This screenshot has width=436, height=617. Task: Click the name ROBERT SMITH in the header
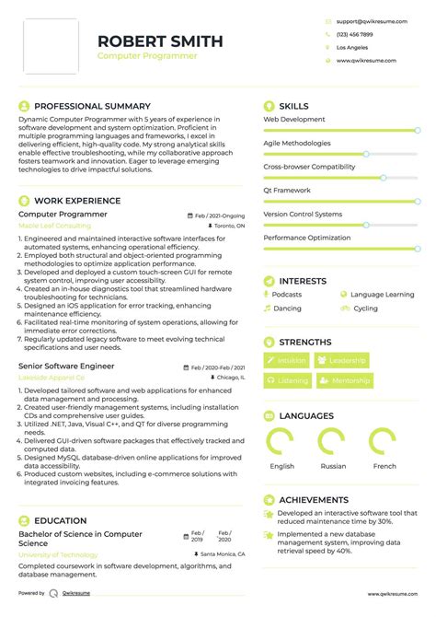point(160,41)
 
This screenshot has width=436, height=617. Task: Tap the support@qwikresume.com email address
point(367,19)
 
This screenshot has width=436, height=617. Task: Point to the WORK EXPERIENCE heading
point(77,200)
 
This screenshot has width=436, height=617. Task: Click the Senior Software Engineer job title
point(66,366)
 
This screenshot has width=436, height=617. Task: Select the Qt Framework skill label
point(288,190)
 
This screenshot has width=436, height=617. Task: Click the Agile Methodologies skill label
point(297,143)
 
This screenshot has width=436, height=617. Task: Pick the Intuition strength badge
point(287,361)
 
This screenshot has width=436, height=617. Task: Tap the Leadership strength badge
point(342,361)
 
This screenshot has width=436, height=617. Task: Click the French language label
point(384,466)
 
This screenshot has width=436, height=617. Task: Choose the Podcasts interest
point(286,295)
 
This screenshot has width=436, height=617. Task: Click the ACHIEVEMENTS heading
point(313,499)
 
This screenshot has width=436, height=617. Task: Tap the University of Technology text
point(58,555)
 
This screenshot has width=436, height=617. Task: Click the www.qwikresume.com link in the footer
point(393,594)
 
